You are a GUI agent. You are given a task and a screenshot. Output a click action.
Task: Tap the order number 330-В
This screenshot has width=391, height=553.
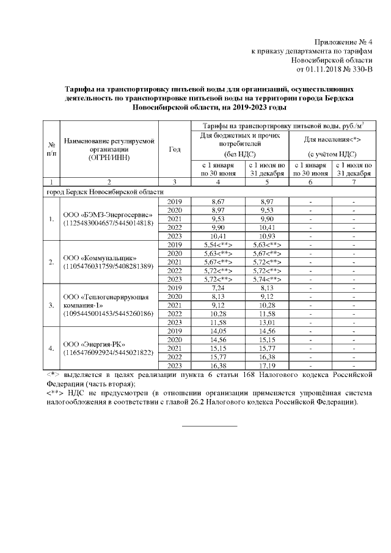pos(359,70)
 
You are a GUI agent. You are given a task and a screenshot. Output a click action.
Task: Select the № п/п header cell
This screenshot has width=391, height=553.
pos(51,148)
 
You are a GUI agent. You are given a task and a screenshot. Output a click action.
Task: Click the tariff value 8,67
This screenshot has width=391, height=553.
pos(218,201)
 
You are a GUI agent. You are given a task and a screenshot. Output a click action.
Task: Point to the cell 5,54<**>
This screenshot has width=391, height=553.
pos(218,244)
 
